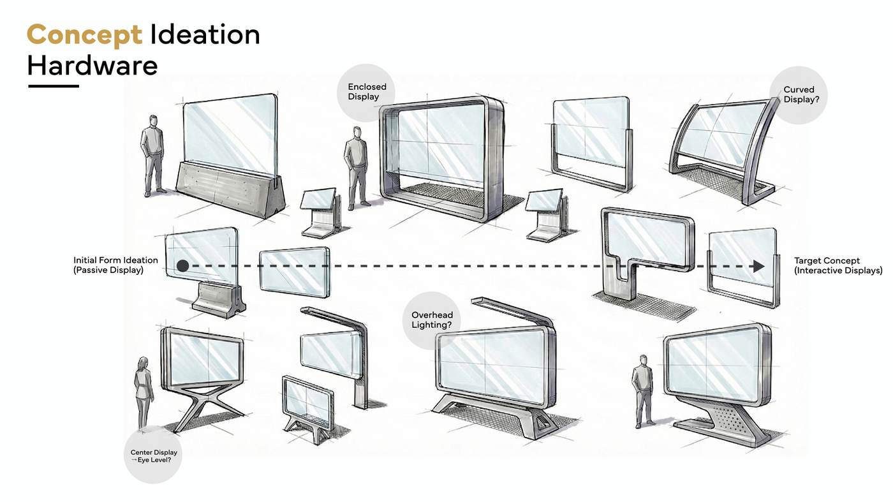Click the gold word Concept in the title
84,34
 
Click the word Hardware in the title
92,65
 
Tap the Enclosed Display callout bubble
364,92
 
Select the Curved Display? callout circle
799,95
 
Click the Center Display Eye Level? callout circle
154,456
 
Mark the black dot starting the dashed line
182,266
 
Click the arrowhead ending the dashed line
758,266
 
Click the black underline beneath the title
53,85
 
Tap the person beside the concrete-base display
152,155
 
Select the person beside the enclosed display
357,165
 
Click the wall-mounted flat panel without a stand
295,272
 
